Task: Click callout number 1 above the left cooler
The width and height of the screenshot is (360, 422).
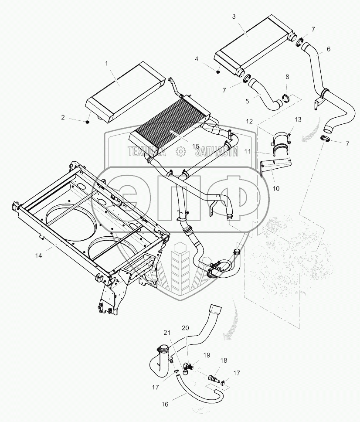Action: tap(106, 63)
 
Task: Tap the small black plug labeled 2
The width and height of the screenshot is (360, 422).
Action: tap(88, 122)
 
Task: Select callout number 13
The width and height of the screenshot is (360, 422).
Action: tap(298, 119)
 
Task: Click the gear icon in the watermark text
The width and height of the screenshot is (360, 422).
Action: tap(179, 151)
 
